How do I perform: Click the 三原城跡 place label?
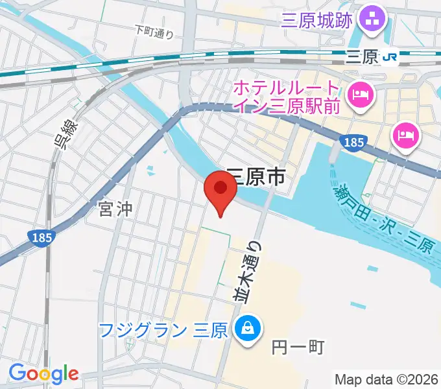point(317,21)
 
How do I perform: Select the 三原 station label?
point(362,58)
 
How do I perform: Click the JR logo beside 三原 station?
point(390,58)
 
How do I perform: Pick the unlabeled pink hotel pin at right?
point(407,136)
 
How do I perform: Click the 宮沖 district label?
point(115,209)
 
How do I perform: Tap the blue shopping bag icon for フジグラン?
point(247,328)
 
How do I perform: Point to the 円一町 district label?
point(298,348)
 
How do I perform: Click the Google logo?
point(43,373)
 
